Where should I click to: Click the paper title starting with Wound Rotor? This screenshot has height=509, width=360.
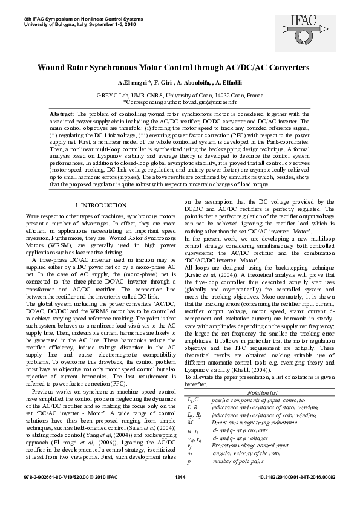(180, 69)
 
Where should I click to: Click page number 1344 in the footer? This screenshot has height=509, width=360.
(180, 494)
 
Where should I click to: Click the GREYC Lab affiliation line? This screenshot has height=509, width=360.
(180, 96)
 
